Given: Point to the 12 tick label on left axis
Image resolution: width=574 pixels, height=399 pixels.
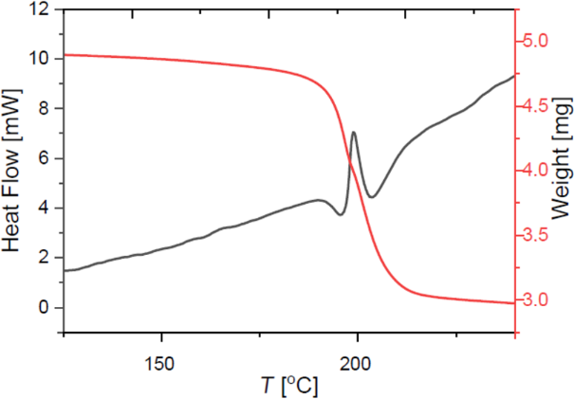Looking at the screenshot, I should click(39, 9).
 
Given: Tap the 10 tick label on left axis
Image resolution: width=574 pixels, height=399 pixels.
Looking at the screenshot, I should click(39, 59).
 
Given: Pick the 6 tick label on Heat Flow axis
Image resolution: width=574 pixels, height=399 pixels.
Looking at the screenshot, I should click(44, 158).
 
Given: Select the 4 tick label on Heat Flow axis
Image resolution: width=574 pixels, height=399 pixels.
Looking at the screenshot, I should click(44, 208).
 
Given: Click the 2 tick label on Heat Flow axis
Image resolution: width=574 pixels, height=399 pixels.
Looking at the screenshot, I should click(44, 258).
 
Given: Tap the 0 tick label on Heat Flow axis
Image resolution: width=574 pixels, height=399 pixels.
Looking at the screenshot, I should click(44, 307).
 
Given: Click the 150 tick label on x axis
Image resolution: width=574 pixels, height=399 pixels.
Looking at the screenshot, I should click(160, 361).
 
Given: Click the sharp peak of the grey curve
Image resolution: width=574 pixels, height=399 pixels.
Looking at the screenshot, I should click(354, 133).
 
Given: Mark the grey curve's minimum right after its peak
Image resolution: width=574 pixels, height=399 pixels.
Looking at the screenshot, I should click(372, 197).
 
